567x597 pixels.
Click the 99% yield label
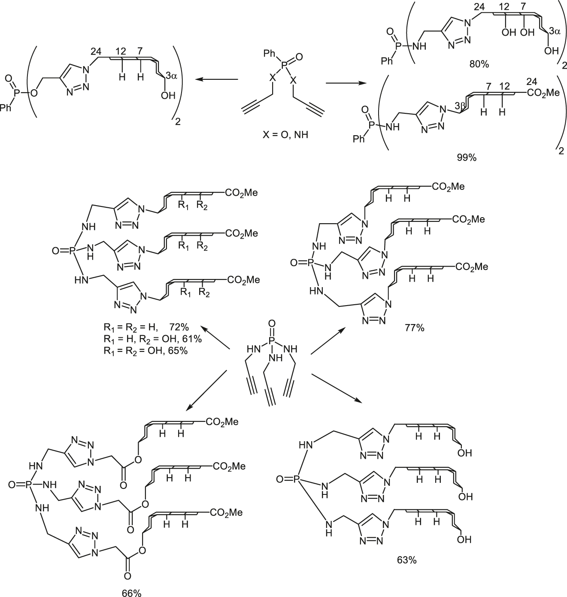467,158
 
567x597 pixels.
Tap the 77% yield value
414,328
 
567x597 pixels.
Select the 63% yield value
406,560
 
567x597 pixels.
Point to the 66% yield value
131,593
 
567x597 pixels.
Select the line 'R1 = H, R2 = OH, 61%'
153,339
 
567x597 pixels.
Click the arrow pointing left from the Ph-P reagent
215,79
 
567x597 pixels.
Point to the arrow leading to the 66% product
206,389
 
